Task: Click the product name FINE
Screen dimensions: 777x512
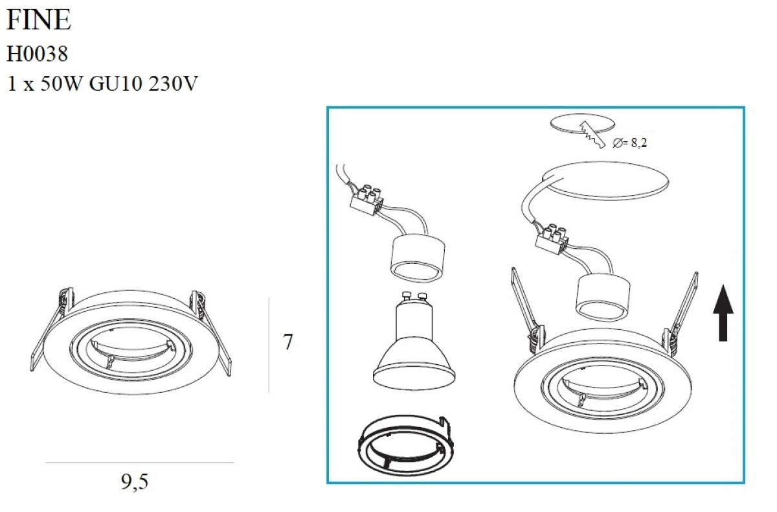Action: click(39, 19)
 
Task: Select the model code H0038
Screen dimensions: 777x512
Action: click(37, 54)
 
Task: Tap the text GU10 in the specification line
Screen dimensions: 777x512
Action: click(115, 84)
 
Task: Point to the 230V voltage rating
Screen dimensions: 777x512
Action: click(173, 84)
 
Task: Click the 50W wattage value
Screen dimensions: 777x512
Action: click(62, 84)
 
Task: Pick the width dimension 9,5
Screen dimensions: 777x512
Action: click(135, 482)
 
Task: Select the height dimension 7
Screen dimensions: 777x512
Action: click(288, 342)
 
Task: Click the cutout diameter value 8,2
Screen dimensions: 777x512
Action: click(638, 143)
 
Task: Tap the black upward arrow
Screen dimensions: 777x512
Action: click(723, 313)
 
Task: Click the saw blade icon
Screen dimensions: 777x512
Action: click(592, 135)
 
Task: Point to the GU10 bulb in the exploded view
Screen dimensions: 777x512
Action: click(414, 342)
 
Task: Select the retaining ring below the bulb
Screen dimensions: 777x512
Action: click(405, 447)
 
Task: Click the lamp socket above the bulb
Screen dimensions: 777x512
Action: click(418, 257)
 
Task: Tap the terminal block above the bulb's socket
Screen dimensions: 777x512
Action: click(366, 201)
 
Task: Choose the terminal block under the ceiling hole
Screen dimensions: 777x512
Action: click(551, 240)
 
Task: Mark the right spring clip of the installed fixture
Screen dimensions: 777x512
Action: click(680, 314)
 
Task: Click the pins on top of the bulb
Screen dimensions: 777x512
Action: click(414, 297)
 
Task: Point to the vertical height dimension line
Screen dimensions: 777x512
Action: click(269, 345)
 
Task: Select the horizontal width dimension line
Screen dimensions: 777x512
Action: click(140, 462)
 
